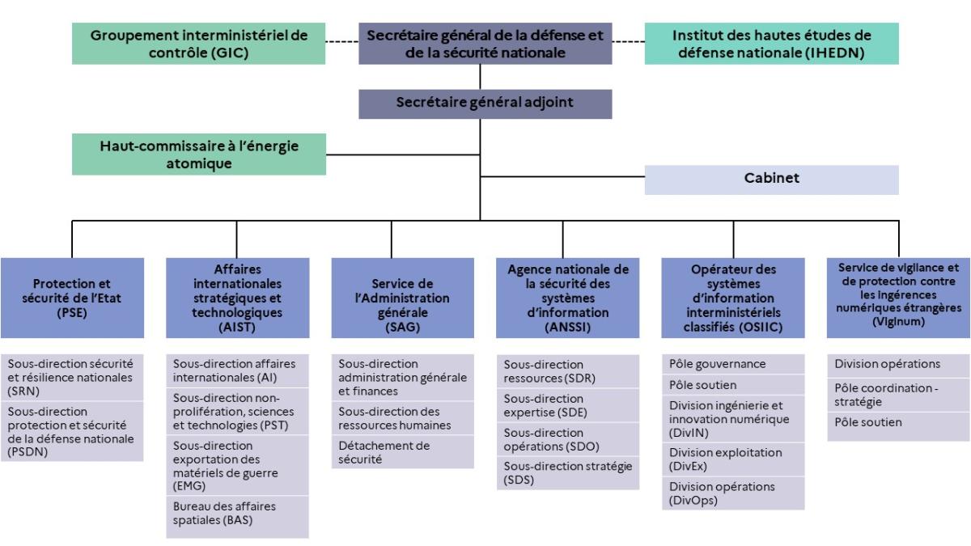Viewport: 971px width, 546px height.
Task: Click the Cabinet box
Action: coord(771,180)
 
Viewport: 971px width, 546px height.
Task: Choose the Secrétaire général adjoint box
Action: coord(485,103)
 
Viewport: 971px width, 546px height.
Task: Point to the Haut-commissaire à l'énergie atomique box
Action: coord(198,154)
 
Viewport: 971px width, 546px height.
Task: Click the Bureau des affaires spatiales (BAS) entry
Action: coord(237,514)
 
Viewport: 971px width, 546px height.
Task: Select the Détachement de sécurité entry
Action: coord(402,452)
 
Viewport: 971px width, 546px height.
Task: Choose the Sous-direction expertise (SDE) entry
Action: coord(567,405)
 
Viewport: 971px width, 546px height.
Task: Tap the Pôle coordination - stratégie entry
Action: coord(898,394)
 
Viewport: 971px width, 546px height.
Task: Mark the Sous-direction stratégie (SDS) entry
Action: coord(567,472)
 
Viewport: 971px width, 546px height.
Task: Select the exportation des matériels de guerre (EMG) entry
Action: coord(237,466)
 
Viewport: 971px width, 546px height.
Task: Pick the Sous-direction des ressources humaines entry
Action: coord(402,418)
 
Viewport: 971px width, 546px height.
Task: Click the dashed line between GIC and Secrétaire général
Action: coord(342,42)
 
